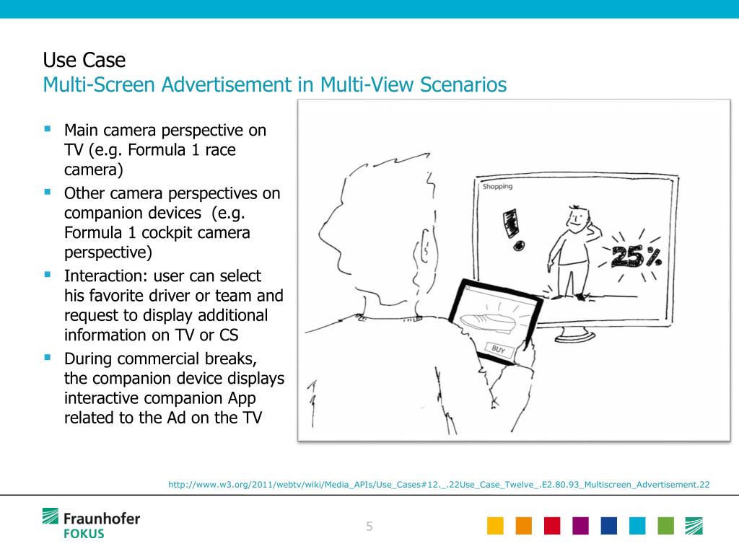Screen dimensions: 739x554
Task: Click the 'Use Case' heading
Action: click(84, 59)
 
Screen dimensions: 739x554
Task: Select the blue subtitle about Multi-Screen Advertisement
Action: click(274, 85)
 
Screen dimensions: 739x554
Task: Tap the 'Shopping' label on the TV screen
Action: click(497, 187)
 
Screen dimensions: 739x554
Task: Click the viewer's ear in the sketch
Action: click(425, 252)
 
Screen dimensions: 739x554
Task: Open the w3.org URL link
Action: click(439, 485)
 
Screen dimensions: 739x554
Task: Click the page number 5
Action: click(369, 527)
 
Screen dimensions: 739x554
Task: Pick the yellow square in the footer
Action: click(495, 526)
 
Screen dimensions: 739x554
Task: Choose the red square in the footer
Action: click(552, 526)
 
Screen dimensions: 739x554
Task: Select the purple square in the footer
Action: click(580, 526)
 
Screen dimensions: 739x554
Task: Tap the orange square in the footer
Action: click(523, 526)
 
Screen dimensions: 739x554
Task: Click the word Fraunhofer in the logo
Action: click(102, 518)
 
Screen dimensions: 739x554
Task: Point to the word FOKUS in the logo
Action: click(84, 534)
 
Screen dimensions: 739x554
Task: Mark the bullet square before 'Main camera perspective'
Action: click(48, 130)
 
